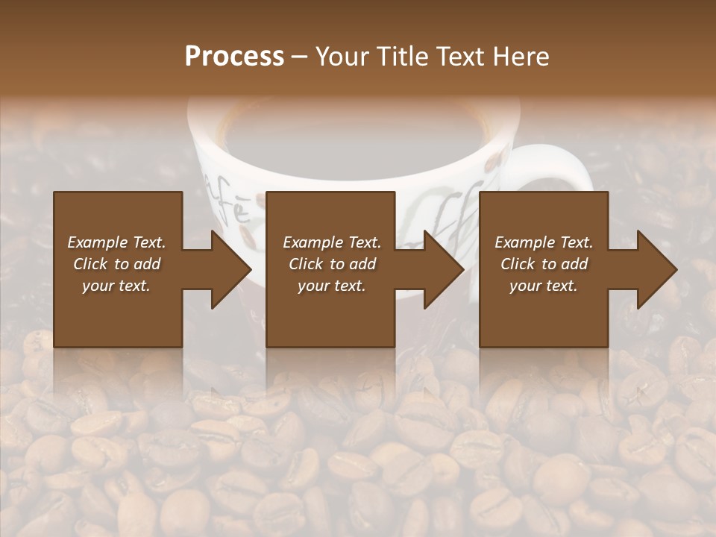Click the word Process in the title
234,57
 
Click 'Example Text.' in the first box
116,242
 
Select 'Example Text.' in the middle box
331,242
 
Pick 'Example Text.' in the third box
544,242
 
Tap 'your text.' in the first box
116,286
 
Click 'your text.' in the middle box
331,286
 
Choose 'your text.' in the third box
544,286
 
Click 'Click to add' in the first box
116,264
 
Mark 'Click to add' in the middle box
331,264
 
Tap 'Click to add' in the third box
544,264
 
